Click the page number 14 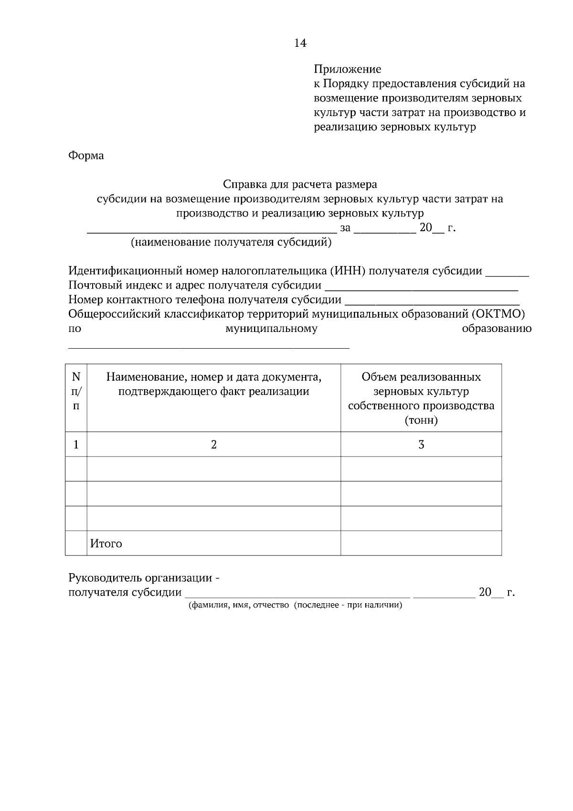tap(300, 43)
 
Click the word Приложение tap(347, 69)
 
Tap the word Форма tap(86, 156)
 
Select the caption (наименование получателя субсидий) tap(231, 242)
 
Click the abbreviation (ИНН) tap(347, 271)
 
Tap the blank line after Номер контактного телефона tap(432, 302)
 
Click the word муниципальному tap(271, 329)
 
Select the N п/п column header tap(76, 391)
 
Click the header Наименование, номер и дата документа tap(213, 384)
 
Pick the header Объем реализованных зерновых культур tap(421, 398)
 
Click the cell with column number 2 tap(213, 445)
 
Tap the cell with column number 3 tap(421, 445)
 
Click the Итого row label tap(106, 544)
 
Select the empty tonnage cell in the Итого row tap(421, 544)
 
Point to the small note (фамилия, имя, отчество tap(239, 606)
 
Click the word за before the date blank tap(345, 228)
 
